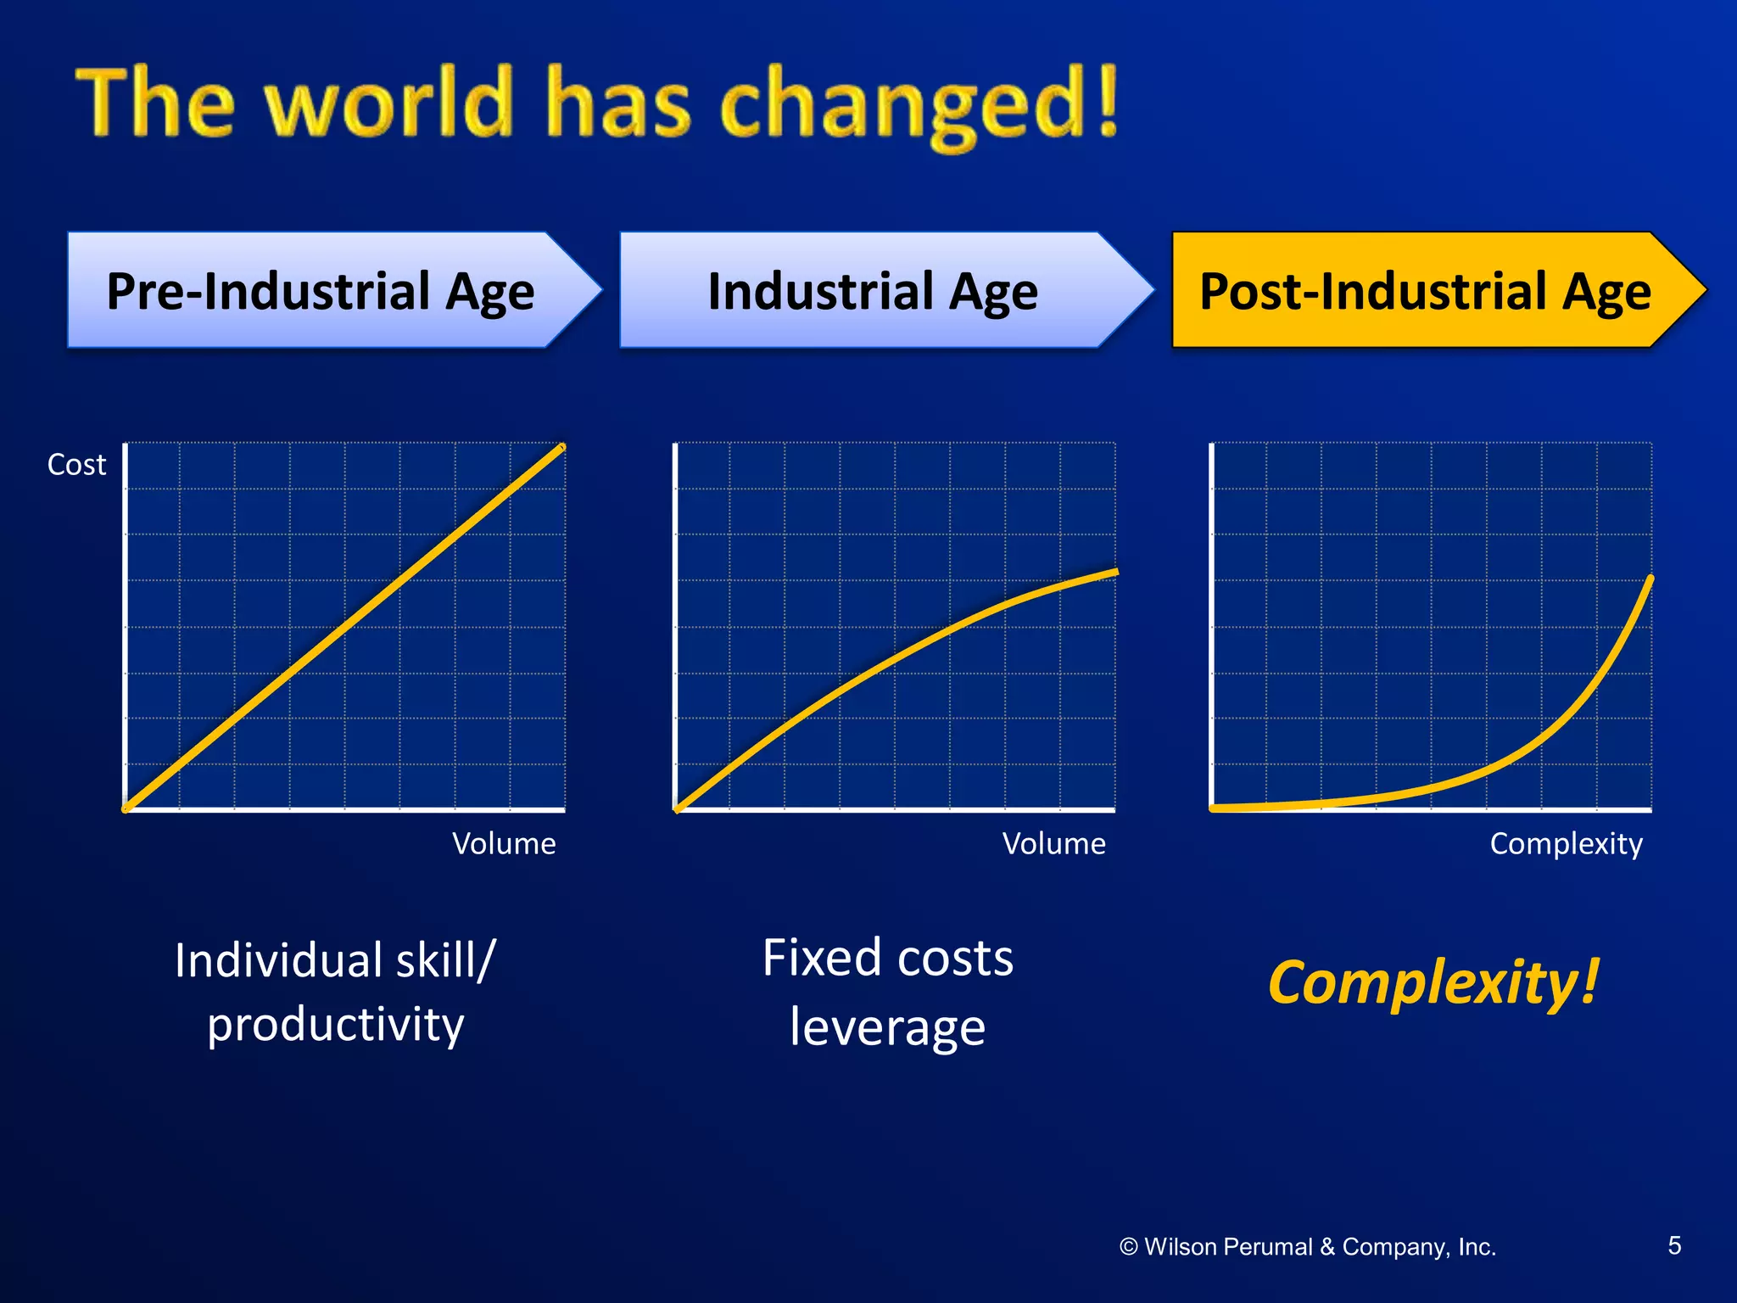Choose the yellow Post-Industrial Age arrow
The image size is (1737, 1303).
tap(1425, 291)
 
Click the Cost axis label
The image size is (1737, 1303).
tap(76, 465)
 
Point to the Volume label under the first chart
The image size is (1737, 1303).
tap(504, 843)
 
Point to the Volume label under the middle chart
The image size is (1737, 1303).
tap(1053, 843)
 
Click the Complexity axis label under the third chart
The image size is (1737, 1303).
tap(1566, 843)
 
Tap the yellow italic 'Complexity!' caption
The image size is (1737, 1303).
tap(1433, 982)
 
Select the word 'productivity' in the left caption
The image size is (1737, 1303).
tap(336, 1025)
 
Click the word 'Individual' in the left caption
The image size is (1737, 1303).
tap(278, 960)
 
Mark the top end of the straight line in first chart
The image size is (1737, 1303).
tap(561, 447)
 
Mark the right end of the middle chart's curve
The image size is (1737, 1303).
tap(1116, 573)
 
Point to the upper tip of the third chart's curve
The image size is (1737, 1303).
tap(1650, 579)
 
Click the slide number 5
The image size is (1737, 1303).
tap(1674, 1245)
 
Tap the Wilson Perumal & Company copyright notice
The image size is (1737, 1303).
tap(1308, 1247)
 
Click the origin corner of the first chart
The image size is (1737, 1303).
tap(126, 809)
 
